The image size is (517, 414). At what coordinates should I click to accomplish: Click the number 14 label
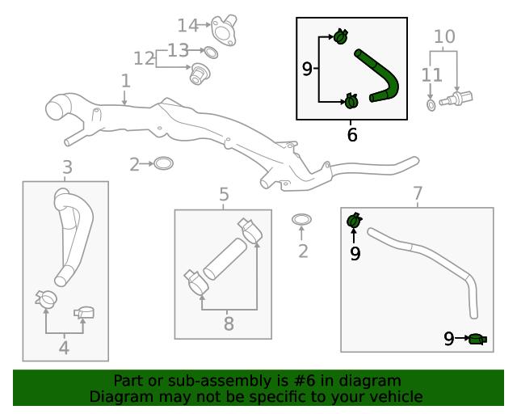187,24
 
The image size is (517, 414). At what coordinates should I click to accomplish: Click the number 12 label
144,58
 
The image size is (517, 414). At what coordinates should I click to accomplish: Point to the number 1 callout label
125,81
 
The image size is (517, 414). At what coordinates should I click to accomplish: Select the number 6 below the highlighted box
351,135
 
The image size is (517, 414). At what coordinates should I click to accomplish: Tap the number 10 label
444,36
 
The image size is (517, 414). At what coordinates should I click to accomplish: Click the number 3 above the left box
66,167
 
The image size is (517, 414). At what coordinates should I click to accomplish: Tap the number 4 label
64,349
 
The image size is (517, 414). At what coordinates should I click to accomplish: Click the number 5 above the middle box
224,195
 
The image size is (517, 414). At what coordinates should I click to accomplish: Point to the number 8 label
228,325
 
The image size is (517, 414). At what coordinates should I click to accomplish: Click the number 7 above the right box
417,194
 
